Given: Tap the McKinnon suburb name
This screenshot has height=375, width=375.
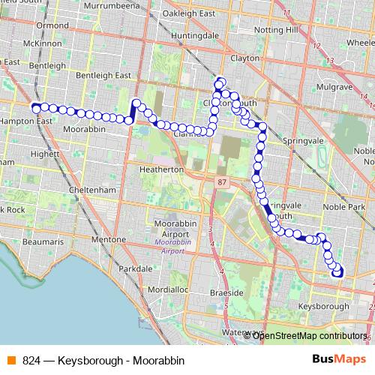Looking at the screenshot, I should click(41, 43).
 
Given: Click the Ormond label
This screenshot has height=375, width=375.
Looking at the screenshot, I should click(52, 25).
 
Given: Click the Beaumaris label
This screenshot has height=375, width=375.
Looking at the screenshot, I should click(43, 242).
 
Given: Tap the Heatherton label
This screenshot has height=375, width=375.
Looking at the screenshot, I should click(161, 169).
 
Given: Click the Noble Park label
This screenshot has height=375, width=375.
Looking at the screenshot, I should click(343, 206).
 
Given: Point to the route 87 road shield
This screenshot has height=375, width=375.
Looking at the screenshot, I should click(221, 182).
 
